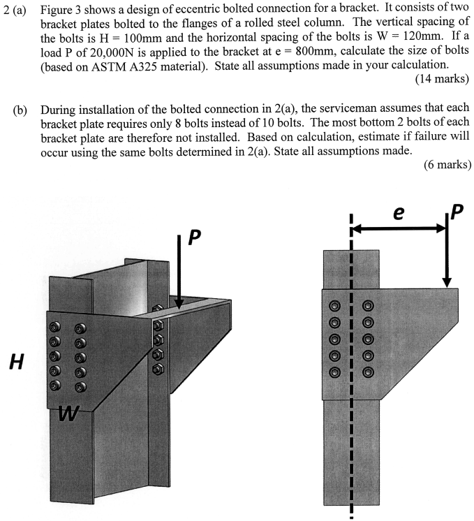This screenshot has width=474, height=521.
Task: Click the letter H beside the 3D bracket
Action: (15, 361)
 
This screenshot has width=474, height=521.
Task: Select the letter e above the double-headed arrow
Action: (399, 214)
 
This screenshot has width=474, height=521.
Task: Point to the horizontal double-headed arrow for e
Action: (399, 228)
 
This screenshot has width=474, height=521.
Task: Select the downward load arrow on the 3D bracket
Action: (179, 272)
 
